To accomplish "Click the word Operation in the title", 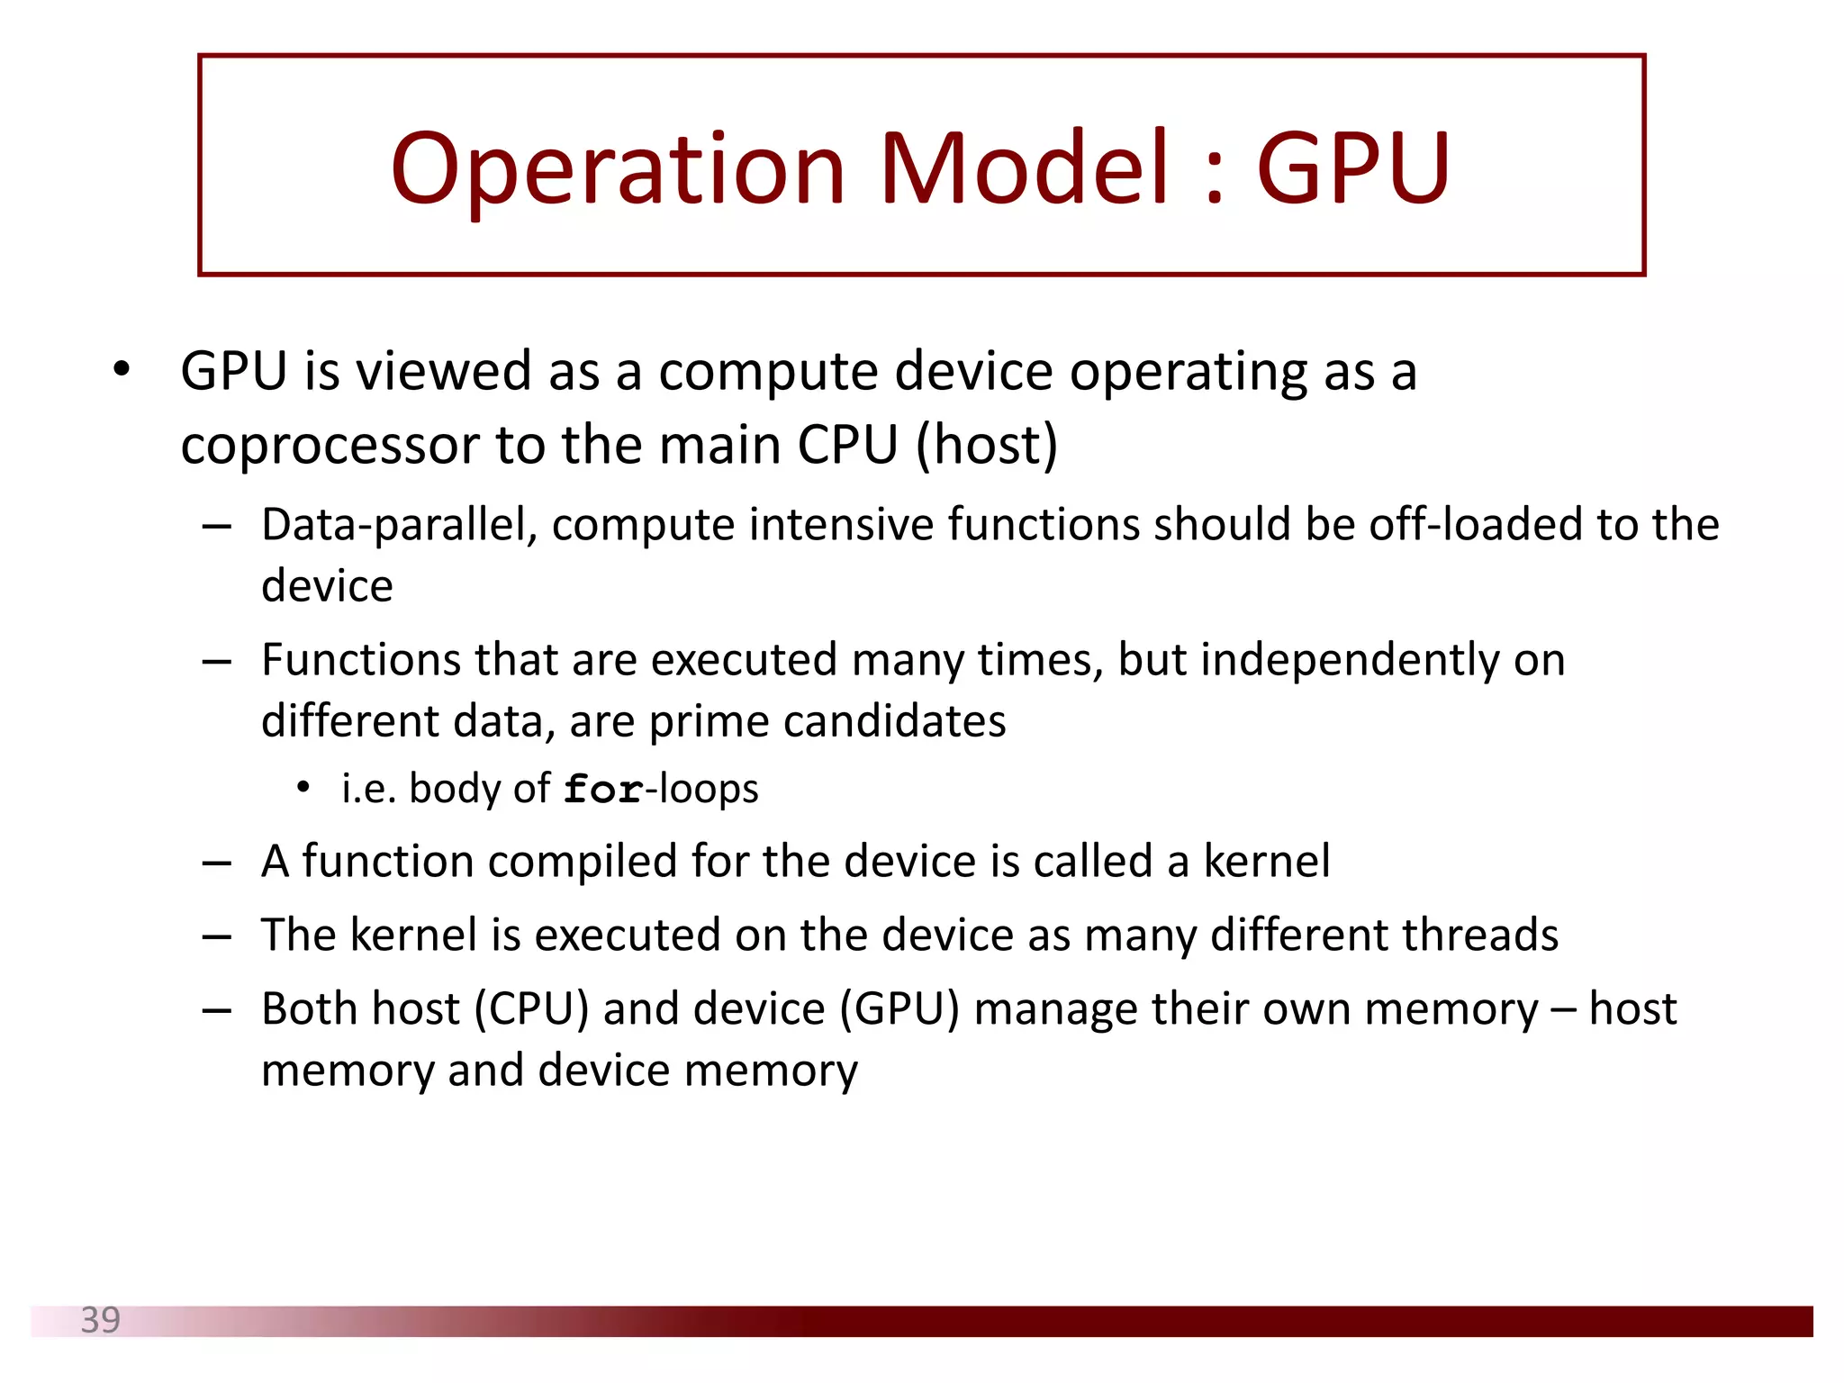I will (617, 169).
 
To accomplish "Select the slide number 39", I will (100, 1320).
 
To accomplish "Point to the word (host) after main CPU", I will (986, 446).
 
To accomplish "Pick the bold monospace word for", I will (602, 790).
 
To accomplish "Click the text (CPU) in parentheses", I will (531, 1008).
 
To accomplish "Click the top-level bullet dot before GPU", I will (122, 369).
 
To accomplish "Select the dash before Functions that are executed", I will (217, 662).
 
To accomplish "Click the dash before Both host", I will (217, 1010).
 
